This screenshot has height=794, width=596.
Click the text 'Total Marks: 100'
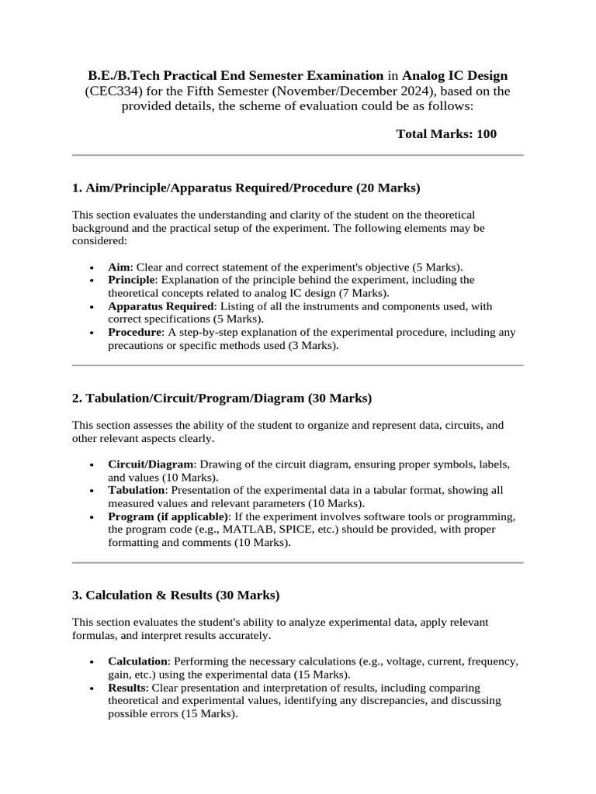(446, 134)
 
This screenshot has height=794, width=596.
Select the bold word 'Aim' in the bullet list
(120, 267)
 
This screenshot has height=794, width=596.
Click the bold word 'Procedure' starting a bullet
(134, 333)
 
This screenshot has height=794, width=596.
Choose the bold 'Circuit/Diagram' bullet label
(150, 464)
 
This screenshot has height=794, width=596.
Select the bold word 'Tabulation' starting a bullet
(136, 491)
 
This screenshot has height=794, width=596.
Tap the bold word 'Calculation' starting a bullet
(137, 661)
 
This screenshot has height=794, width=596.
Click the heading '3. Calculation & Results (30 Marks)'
(175, 595)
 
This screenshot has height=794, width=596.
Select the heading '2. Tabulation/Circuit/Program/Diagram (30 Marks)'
(221, 399)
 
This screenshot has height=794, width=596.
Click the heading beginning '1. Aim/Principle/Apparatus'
(245, 188)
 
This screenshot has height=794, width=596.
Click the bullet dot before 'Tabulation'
(92, 492)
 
